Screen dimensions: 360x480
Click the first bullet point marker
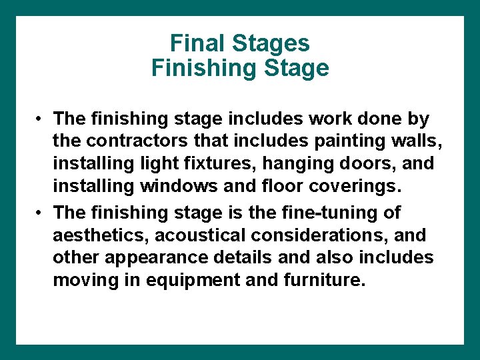(x=40, y=119)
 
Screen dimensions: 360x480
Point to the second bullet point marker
(x=40, y=213)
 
